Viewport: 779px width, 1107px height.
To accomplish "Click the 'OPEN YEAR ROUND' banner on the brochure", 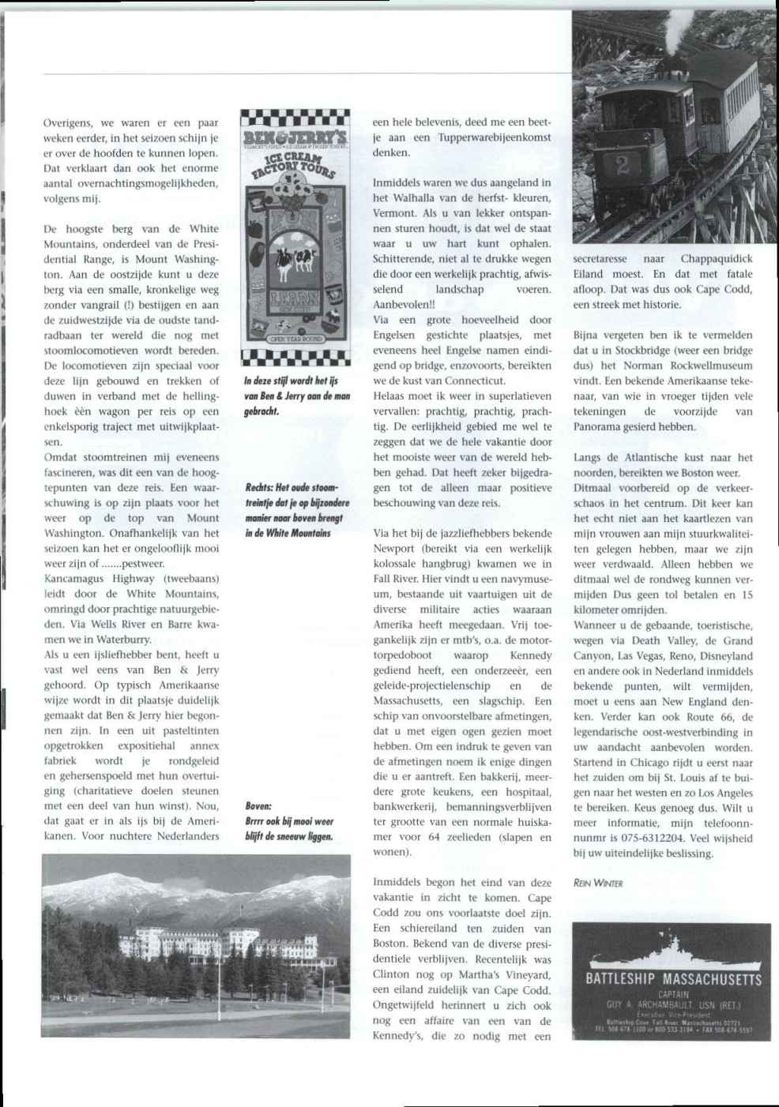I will point(295,338).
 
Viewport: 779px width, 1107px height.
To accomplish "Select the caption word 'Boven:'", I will point(258,806).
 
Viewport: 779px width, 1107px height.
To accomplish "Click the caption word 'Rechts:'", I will point(261,487).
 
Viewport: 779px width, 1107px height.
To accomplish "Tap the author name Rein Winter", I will point(598,884).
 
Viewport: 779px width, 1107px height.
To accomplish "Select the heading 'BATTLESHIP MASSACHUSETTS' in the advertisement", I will point(673,980).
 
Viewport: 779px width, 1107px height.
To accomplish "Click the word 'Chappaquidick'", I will point(717,259).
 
